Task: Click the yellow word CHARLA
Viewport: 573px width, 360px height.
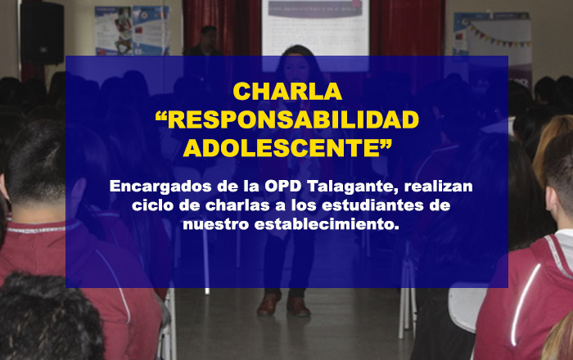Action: (x=287, y=92)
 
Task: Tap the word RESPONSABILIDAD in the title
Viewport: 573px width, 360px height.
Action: (x=293, y=120)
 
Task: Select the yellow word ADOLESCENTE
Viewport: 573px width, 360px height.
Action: (x=282, y=148)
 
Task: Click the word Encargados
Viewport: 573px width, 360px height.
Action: (x=160, y=187)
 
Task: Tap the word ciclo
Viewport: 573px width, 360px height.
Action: (x=153, y=205)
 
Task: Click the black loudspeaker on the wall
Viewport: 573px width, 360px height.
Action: (x=42, y=34)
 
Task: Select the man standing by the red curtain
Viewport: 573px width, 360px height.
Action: (x=205, y=41)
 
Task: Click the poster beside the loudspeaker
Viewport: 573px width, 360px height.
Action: (x=132, y=30)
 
